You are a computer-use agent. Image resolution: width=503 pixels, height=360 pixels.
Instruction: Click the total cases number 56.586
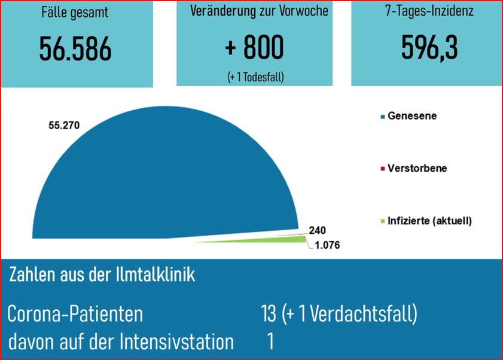tap(75, 50)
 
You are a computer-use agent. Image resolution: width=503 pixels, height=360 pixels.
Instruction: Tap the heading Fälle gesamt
tap(75, 13)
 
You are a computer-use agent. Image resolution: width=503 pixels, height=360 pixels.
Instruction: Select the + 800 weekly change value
tap(255, 48)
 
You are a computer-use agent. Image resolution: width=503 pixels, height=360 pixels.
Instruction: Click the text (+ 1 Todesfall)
tap(255, 77)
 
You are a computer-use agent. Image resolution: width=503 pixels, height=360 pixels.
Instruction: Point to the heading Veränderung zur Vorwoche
tap(259, 11)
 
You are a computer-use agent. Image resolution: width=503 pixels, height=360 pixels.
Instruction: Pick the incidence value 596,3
tap(429, 48)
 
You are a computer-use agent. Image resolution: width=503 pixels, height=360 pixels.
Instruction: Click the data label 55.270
tap(63, 125)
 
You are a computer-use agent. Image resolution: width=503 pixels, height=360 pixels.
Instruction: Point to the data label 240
tap(317, 230)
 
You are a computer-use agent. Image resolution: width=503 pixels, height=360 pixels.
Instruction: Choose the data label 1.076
tap(326, 245)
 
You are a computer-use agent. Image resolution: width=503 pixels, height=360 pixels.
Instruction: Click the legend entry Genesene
tap(411, 116)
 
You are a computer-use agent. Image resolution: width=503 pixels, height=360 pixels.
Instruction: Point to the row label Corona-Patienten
tap(75, 313)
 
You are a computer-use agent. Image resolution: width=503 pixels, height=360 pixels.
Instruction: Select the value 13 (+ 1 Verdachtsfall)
tap(339, 313)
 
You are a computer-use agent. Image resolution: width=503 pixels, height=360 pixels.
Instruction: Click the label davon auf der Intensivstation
tap(121, 341)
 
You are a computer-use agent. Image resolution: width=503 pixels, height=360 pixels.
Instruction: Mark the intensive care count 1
tap(270, 341)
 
